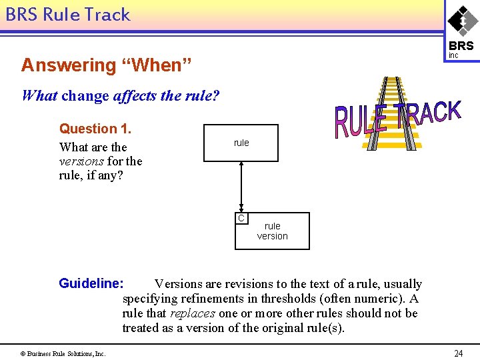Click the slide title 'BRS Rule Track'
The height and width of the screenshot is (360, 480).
coord(67,14)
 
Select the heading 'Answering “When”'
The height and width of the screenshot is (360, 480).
coord(107,65)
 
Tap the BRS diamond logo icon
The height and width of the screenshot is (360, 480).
coord(462,20)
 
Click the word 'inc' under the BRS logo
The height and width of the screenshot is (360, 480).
coord(453,56)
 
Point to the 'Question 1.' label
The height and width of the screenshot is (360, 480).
coord(97,129)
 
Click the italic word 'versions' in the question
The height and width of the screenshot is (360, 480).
coord(81,161)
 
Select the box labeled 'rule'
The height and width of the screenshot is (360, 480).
coord(241,143)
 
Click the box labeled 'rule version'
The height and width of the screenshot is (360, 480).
coord(273,231)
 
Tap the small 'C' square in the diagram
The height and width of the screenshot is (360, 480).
coord(241,218)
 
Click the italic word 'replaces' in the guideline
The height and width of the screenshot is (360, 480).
coord(193,313)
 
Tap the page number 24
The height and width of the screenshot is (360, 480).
coord(458,353)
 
